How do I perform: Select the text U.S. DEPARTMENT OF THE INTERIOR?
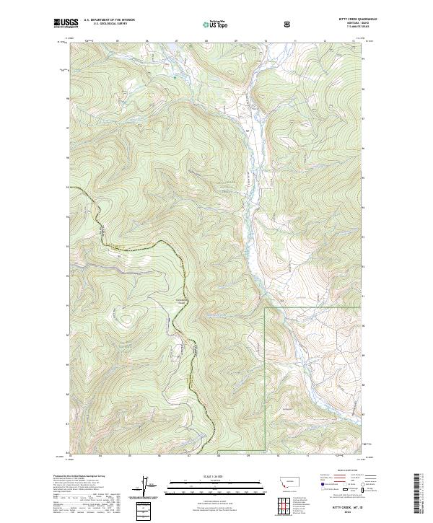point(110,21)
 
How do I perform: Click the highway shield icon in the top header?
point(289,23)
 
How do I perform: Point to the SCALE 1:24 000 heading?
point(216,477)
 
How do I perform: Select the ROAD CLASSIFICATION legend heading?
point(341,475)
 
